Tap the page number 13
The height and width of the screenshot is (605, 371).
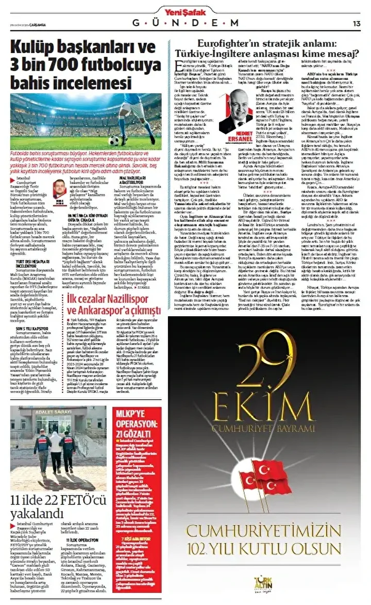tap(357, 23)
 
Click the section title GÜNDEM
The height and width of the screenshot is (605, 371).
tap(185, 23)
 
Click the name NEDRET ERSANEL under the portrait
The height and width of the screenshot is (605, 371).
tap(235, 139)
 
